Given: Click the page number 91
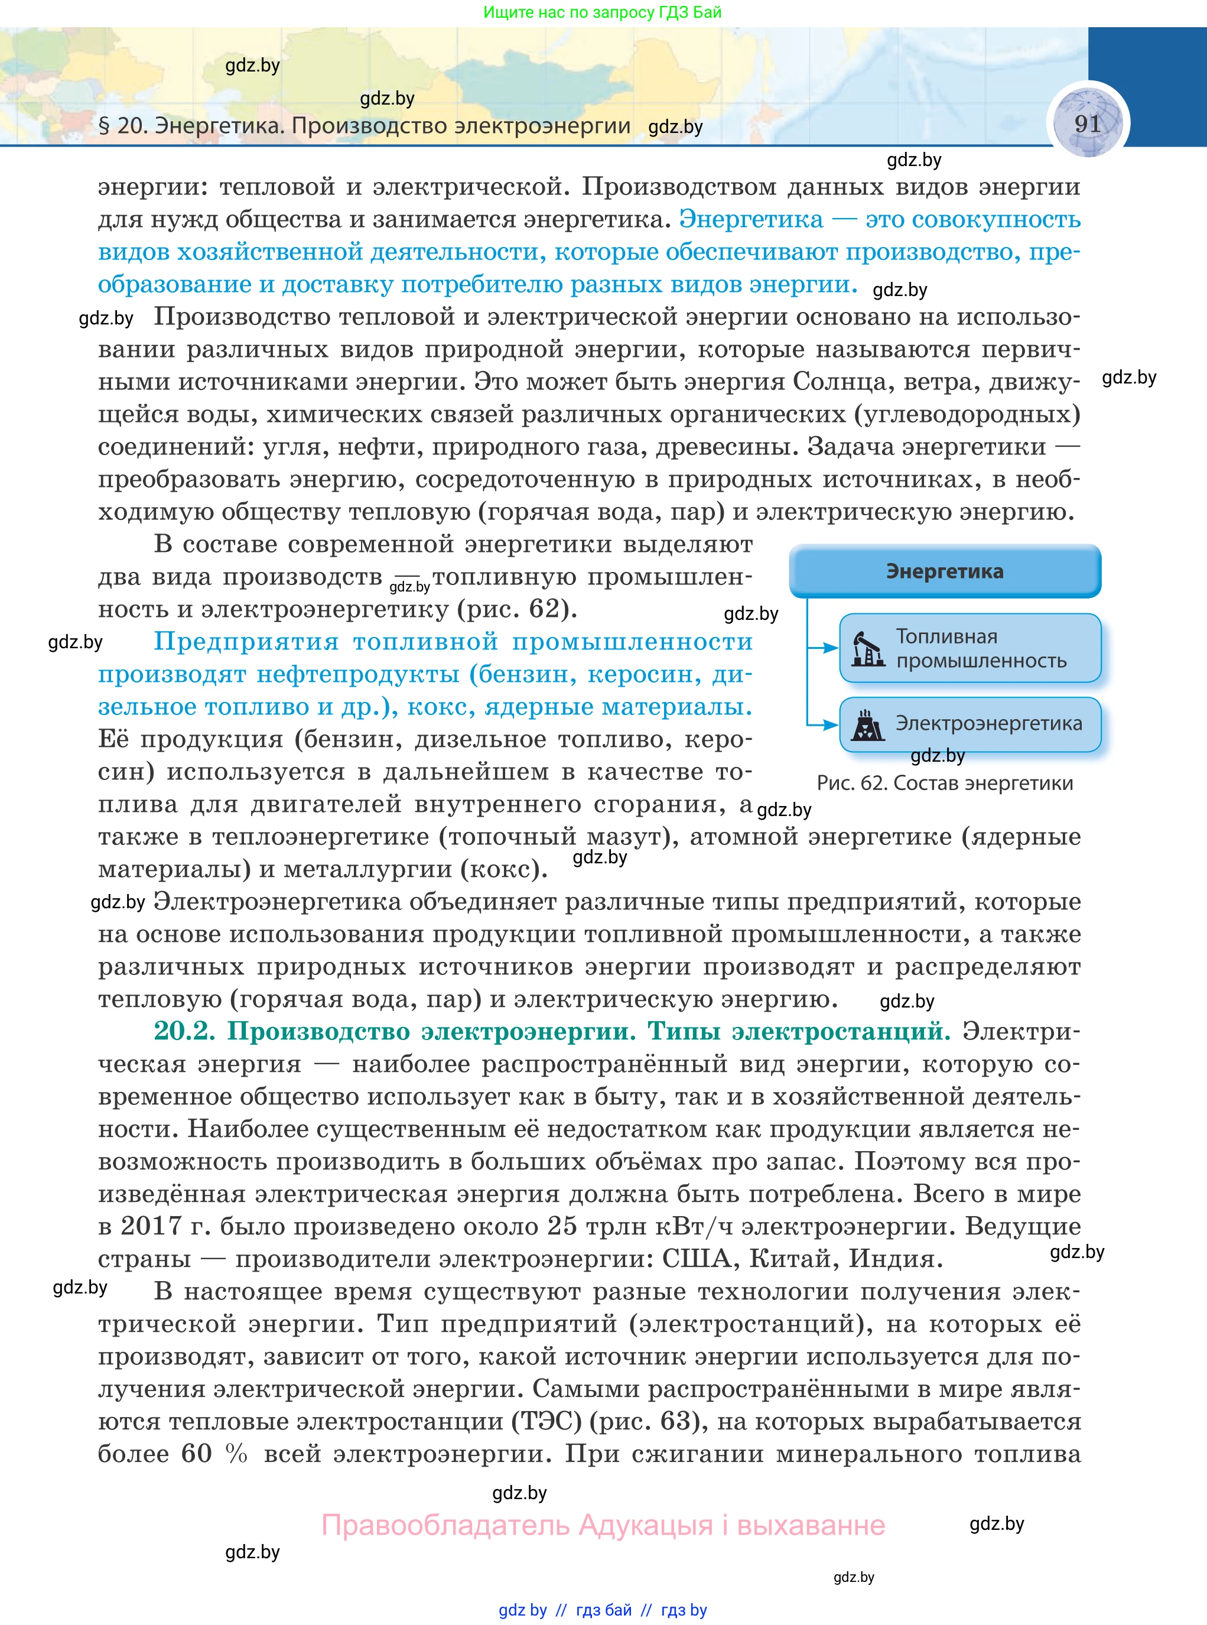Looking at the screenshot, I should click(1087, 123).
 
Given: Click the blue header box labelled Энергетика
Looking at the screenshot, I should click(944, 571).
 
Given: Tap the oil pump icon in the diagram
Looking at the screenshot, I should click(867, 649).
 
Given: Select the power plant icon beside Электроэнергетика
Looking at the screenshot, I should click(867, 725).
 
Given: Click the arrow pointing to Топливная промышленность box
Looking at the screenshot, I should click(824, 648).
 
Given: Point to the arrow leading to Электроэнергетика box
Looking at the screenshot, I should click(824, 725).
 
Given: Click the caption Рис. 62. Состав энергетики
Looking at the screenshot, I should click(944, 784).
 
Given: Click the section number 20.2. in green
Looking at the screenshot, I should click(184, 1031).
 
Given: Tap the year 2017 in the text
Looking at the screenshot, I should click(151, 1226).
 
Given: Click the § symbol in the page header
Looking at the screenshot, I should click(104, 126).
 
